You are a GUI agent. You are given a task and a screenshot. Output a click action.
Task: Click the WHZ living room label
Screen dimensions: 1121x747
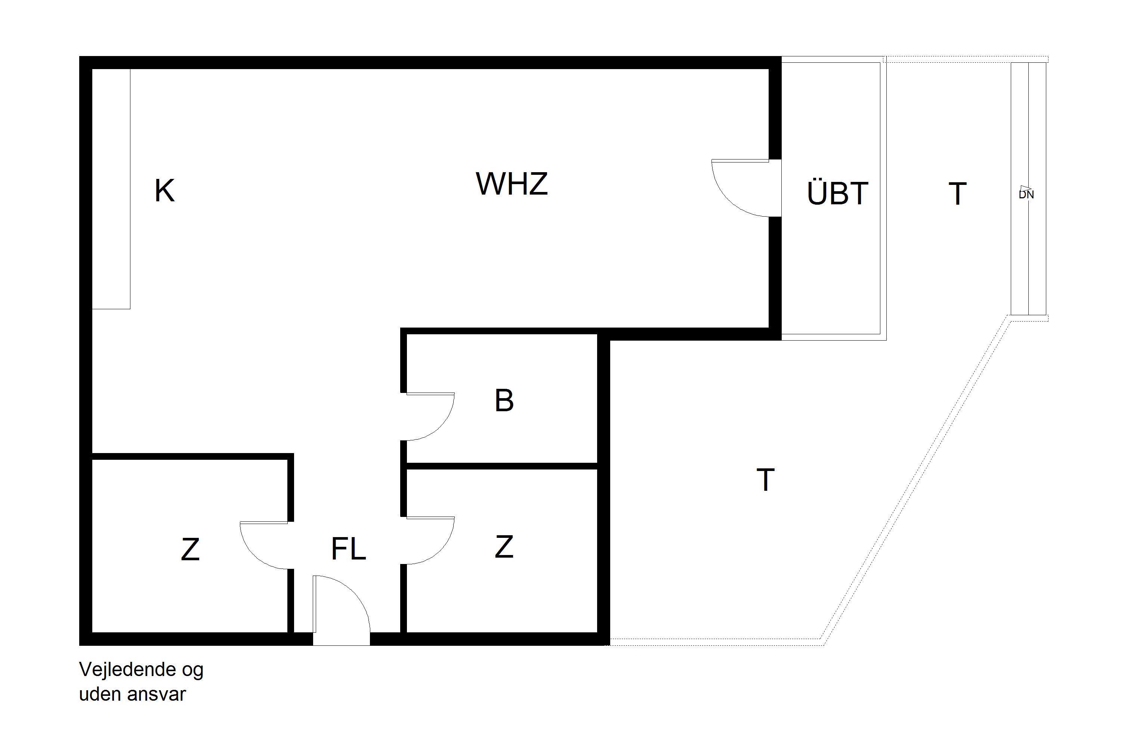[x=512, y=183]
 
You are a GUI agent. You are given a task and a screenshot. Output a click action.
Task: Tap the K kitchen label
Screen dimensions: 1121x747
[x=165, y=190]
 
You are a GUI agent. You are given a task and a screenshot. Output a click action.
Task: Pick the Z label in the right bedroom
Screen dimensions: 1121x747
[x=504, y=546]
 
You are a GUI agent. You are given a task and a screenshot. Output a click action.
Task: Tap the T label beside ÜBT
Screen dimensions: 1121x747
[x=957, y=194]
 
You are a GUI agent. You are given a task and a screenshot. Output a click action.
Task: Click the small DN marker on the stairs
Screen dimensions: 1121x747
[x=1026, y=193]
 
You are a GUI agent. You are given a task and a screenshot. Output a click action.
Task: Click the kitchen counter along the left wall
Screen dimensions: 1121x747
[x=111, y=189]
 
